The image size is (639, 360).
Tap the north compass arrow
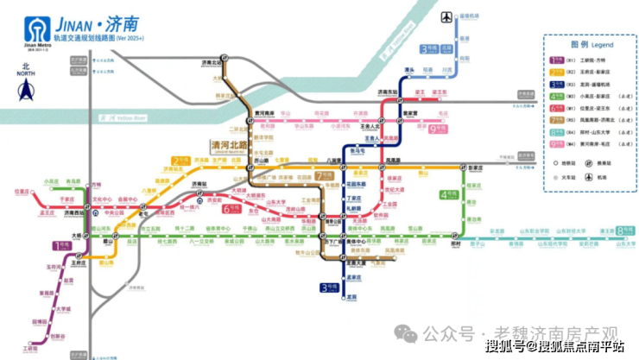click(26, 87)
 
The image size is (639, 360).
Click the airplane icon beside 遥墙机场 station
click(446, 17)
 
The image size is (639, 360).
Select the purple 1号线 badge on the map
click(61, 247)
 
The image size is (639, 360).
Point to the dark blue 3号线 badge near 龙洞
click(327, 287)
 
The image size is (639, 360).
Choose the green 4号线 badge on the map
click(447, 195)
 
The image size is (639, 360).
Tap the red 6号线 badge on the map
click(231, 208)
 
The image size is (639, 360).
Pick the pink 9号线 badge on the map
click(439, 129)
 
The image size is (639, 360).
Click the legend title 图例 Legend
click(590, 43)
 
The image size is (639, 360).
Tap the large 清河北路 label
click(223, 146)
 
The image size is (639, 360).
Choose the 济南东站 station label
click(384, 92)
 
